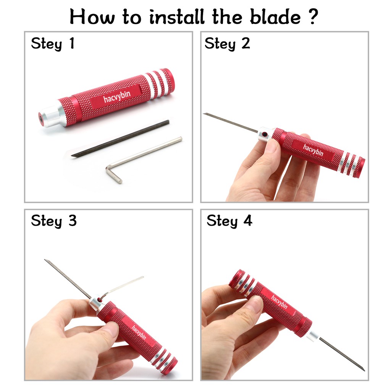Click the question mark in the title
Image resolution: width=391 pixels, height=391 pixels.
pyautogui.click(x=313, y=16)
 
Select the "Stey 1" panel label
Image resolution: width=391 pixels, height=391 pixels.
pyautogui.click(x=53, y=44)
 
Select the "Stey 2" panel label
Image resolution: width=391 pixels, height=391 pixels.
pyautogui.click(x=227, y=44)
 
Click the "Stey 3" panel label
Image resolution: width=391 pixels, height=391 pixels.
pyautogui.click(x=53, y=221)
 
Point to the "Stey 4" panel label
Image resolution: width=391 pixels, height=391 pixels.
pyautogui.click(x=229, y=221)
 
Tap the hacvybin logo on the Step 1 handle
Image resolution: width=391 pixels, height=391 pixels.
pyautogui.click(x=117, y=96)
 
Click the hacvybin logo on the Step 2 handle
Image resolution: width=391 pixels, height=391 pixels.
pyautogui.click(x=313, y=150)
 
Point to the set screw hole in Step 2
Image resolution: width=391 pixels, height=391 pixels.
pyautogui.click(x=265, y=134)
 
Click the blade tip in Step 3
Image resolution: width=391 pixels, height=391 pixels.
pyautogui.click(x=45, y=260)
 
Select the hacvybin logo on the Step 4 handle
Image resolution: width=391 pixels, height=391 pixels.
pyautogui.click(x=279, y=301)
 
